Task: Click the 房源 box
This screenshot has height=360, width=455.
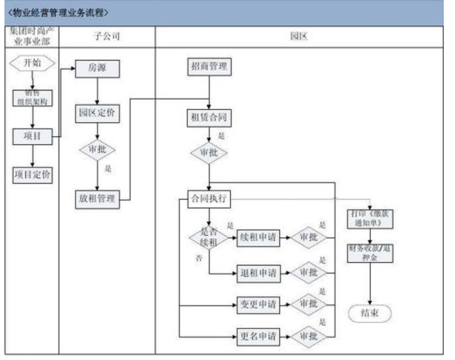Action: [x=97, y=68]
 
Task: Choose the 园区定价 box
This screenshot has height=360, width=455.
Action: [x=97, y=112]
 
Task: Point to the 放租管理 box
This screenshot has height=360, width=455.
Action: [x=97, y=198]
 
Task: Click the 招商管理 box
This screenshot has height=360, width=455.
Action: [x=209, y=67]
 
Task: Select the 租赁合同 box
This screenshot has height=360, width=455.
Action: [x=209, y=118]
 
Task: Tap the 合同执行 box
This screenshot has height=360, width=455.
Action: [x=209, y=198]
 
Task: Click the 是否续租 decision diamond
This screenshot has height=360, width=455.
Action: [x=209, y=238]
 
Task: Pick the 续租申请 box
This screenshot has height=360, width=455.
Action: [x=258, y=238]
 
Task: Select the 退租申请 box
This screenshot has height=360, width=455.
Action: [x=258, y=272]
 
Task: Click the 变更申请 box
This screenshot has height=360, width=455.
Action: [x=258, y=304]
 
